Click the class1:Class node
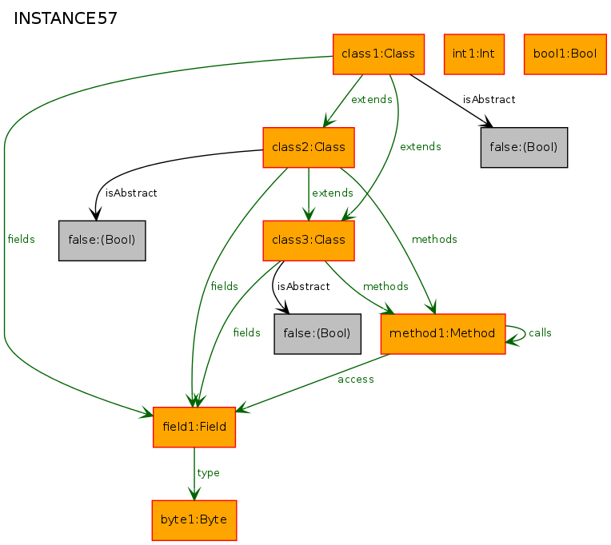tap(378, 54)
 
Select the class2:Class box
tap(309, 148)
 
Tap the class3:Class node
tap(309, 241)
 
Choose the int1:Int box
tap(474, 54)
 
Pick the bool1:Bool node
tap(565, 54)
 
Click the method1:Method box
tap(443, 334)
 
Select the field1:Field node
tap(194, 427)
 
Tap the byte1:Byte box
tap(194, 520)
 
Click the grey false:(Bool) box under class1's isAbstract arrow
tap(524, 148)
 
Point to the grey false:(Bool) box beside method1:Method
tap(317, 334)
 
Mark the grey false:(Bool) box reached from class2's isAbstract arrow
tap(102, 241)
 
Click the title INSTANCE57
tap(66, 18)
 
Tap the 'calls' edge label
tap(540, 333)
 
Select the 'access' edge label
tap(356, 380)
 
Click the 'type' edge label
tap(209, 473)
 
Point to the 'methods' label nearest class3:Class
tap(385, 287)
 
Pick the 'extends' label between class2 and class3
tap(333, 193)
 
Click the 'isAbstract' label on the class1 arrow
tap(489, 100)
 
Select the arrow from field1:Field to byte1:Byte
tap(194, 474)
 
